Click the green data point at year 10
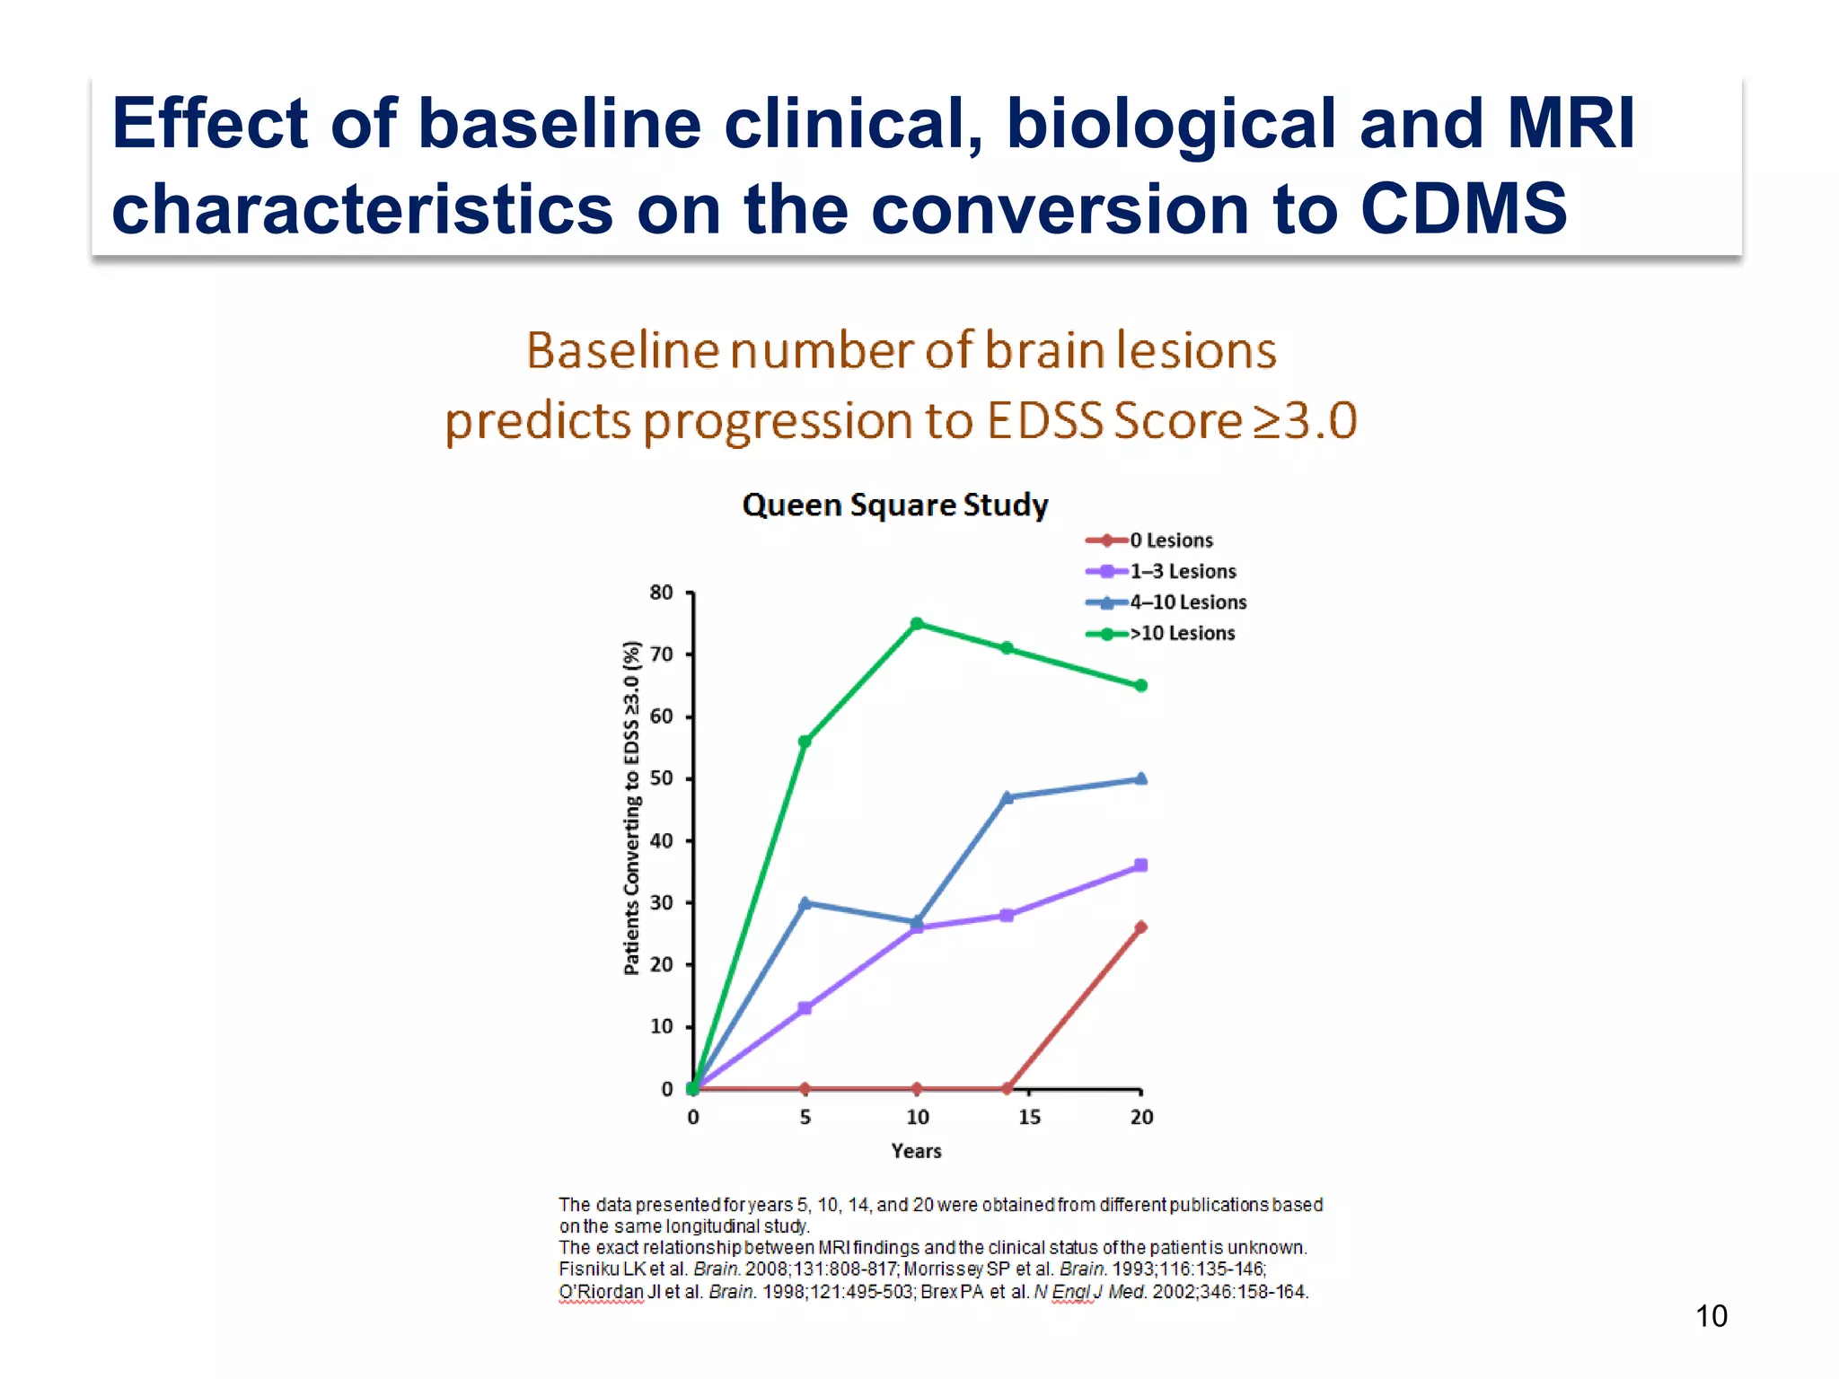(x=917, y=623)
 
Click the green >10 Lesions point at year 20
(x=1141, y=685)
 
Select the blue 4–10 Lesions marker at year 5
(x=805, y=902)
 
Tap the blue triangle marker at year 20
(x=1141, y=778)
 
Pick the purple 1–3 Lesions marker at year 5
(x=805, y=1008)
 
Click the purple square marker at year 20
(x=1141, y=865)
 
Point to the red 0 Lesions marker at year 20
(x=1141, y=927)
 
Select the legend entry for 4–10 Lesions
(x=1187, y=602)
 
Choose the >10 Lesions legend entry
(x=1182, y=633)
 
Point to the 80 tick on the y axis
(x=662, y=593)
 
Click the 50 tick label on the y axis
(x=662, y=778)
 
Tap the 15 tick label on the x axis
(x=1029, y=1117)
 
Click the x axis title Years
(x=916, y=1151)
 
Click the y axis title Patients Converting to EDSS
(x=632, y=808)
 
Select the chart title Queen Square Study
(x=895, y=505)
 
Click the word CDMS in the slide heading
(x=1464, y=208)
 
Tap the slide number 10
(x=1711, y=1316)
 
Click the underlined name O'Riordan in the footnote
(x=602, y=1292)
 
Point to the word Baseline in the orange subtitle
(x=621, y=350)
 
